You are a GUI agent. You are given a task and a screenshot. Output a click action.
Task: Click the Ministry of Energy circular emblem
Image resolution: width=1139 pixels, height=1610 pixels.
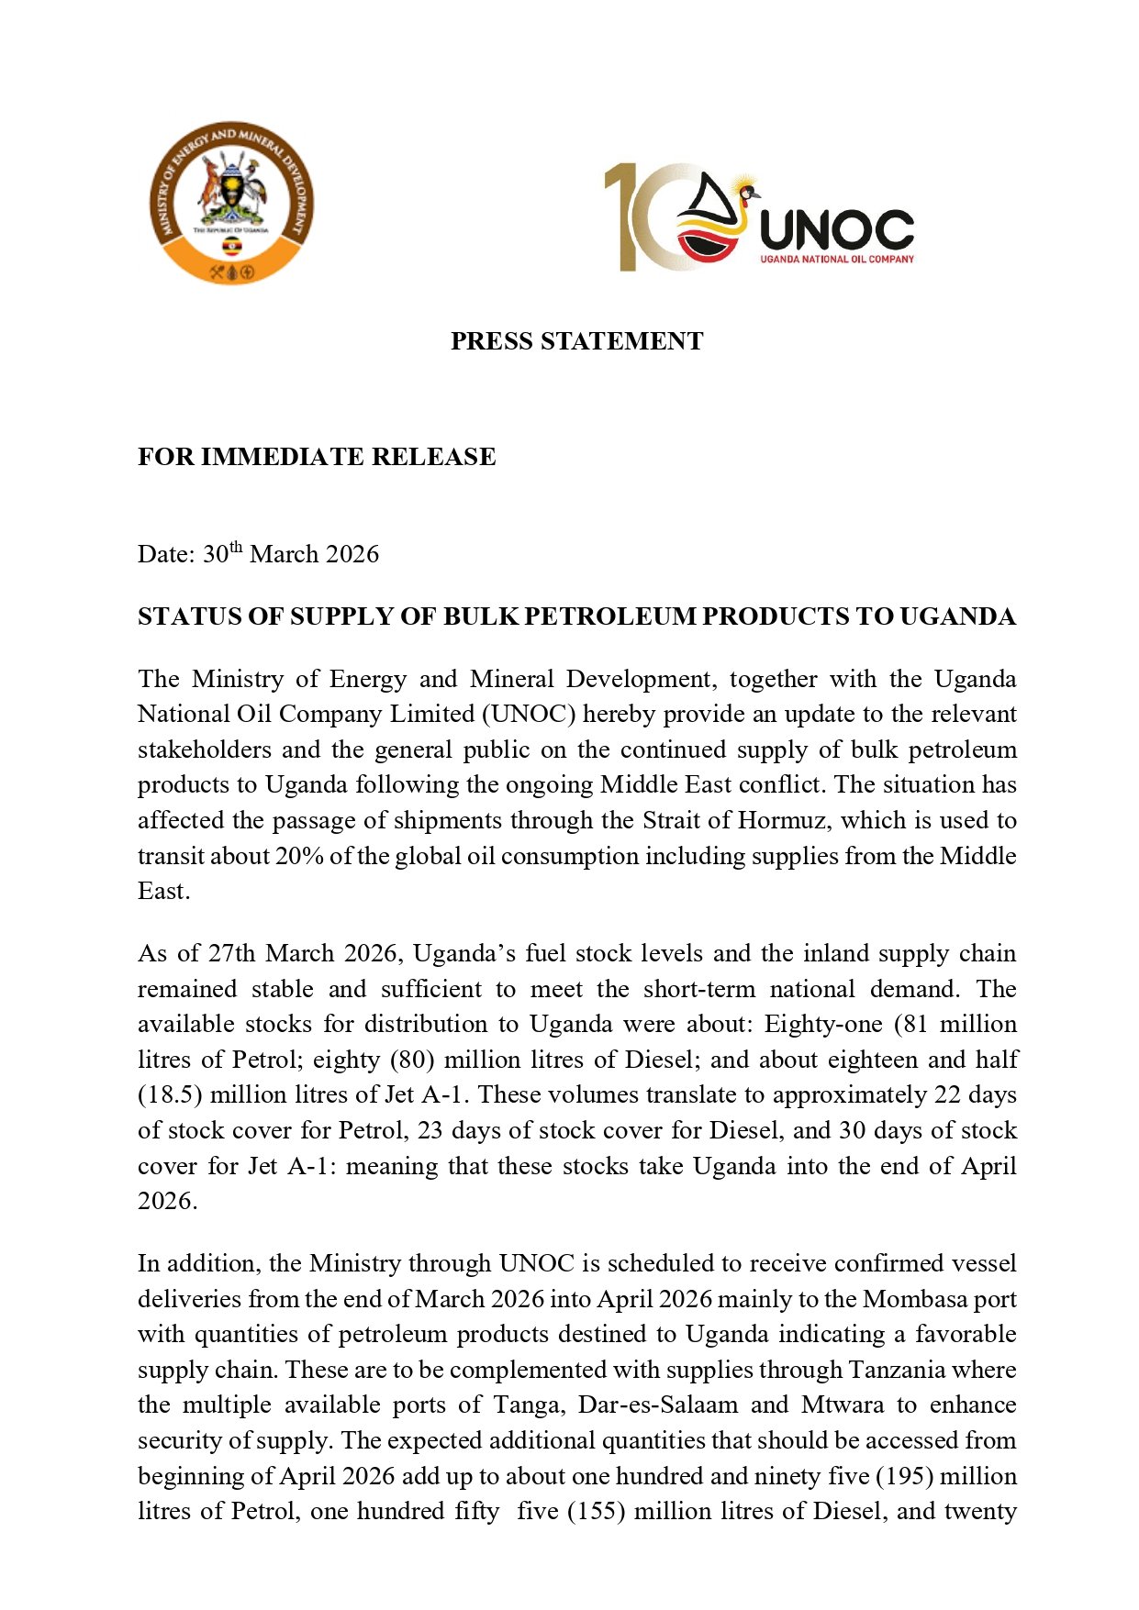231,203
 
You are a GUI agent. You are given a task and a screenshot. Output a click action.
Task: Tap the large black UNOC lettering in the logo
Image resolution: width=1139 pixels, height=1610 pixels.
836,229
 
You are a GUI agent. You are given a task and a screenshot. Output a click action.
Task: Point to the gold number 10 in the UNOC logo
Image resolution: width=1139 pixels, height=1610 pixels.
642,217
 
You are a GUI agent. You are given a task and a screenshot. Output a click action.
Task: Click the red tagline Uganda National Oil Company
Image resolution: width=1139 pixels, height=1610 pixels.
836,260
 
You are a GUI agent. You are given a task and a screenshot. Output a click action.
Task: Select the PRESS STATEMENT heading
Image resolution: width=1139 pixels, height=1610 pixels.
576,341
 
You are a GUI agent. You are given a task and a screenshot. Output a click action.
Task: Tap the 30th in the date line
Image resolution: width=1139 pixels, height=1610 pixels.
222,553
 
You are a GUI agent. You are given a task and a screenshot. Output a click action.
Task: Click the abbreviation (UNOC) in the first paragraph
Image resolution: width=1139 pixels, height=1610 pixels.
530,714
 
